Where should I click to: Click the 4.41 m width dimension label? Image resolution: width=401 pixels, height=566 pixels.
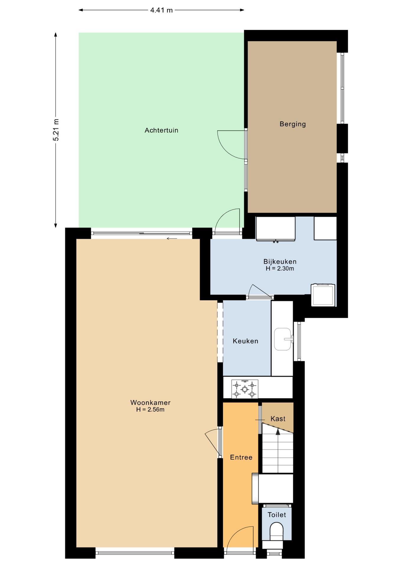coord(161,10)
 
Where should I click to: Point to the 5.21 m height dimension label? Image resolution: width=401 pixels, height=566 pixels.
coord(56,130)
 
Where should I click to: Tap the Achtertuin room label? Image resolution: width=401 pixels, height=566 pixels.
coord(161,130)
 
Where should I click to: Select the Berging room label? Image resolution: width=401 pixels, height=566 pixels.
coord(293,124)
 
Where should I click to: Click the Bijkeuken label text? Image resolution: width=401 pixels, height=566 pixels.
coord(280,261)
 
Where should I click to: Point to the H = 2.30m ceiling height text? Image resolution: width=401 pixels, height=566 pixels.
coord(280,269)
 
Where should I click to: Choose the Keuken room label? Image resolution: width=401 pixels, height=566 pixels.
coord(245,341)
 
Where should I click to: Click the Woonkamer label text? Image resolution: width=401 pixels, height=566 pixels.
coord(150,402)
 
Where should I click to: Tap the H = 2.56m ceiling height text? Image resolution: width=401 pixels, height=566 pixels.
coord(150,409)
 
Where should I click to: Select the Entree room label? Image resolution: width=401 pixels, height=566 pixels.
coord(241,457)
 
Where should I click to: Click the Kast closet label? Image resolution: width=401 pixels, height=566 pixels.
coord(278,419)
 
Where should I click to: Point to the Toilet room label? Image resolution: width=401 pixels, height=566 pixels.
coord(277,515)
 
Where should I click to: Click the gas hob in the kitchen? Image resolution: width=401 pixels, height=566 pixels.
coord(244,389)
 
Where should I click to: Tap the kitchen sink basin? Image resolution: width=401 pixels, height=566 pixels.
coord(283,339)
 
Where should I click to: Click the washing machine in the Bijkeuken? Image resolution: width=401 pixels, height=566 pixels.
coord(323,295)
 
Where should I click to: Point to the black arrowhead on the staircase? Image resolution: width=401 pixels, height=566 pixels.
coord(278,432)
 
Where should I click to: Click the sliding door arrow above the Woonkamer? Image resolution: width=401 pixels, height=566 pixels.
coord(172,238)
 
